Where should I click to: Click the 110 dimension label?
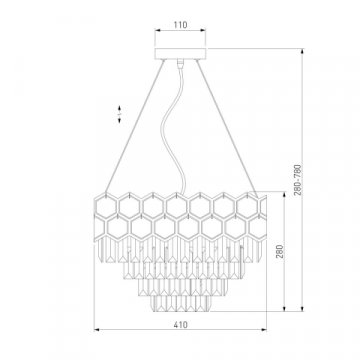tap(180, 25)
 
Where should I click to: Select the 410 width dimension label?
tap(180, 324)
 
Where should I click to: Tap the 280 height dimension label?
tap(280, 251)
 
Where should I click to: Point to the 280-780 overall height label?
tap(298, 179)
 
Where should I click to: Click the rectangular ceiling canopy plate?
tap(180, 54)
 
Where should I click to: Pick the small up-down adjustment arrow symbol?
tap(119, 114)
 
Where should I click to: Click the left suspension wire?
tap(135, 127)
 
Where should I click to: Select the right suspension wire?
tap(226, 127)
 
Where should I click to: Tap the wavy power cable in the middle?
tap(173, 128)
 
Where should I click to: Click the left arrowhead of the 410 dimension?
tap(97, 330)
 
